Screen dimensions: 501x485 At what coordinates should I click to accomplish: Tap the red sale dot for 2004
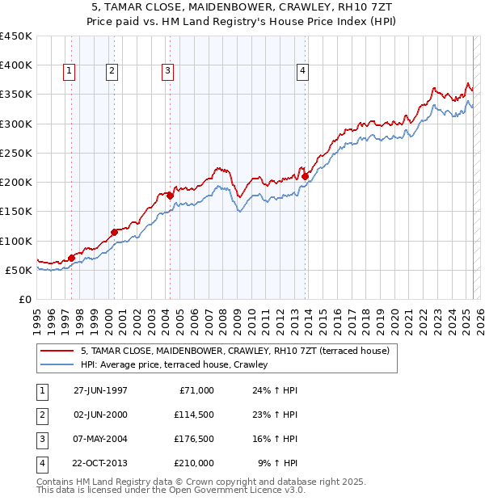[170, 196]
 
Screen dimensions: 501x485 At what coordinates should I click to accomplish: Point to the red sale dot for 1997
[71, 258]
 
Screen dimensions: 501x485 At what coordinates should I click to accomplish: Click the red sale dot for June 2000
[114, 232]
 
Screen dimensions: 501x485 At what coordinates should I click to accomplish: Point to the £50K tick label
[19, 270]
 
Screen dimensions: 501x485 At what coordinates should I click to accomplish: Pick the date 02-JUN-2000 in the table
[100, 415]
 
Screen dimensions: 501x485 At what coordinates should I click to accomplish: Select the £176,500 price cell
[194, 440]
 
